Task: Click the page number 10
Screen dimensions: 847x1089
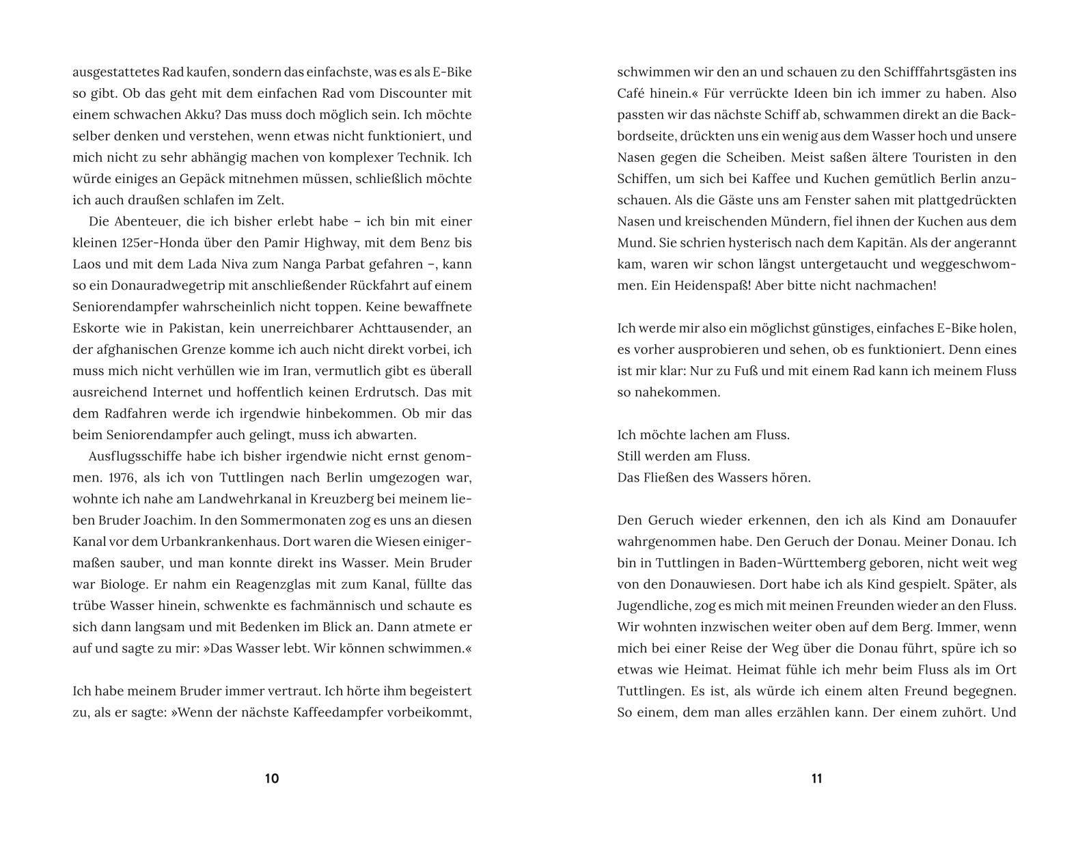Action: (x=272, y=779)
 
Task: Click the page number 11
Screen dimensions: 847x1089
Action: (x=816, y=779)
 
